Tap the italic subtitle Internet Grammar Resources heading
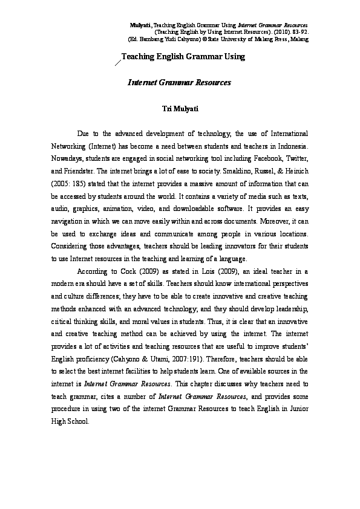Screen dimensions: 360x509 180,81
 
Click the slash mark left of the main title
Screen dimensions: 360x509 117,60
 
